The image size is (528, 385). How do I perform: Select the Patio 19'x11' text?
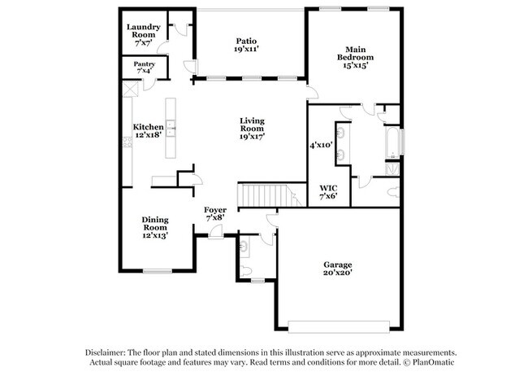[246, 45]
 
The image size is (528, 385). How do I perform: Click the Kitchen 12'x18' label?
[149, 131]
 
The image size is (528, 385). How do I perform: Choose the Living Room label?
[252, 129]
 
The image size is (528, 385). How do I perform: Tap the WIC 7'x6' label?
[328, 192]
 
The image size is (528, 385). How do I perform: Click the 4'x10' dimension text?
[322, 145]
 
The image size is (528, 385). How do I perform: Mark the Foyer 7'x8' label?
[215, 214]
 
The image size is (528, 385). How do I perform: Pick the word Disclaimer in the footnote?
[110, 351]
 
